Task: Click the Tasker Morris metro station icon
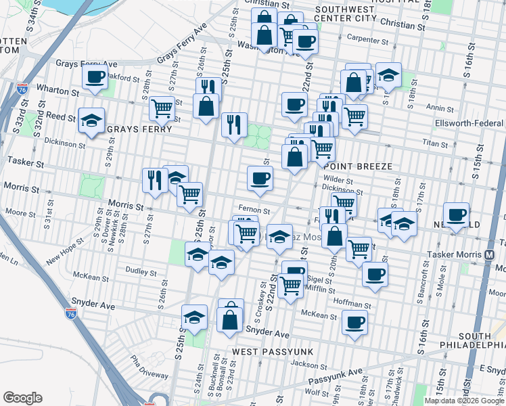(489, 255)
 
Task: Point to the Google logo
(22, 398)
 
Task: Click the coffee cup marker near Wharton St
(95, 77)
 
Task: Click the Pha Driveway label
(149, 365)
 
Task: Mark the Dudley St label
(141, 271)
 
